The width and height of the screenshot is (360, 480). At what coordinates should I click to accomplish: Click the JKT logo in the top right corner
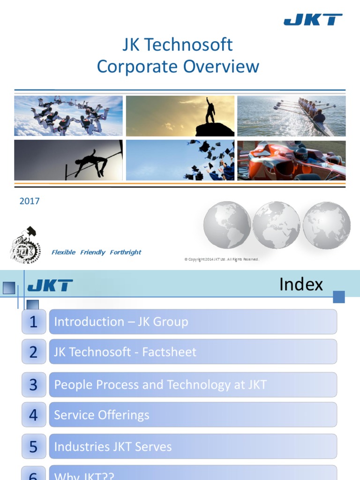coord(313,20)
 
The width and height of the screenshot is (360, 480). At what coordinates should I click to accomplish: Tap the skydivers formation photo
coord(68,116)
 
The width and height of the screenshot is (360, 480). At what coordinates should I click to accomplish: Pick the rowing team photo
coord(292,116)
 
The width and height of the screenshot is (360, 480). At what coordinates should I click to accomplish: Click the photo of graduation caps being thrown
coord(180,160)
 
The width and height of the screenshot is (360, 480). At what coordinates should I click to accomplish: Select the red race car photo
coord(292,160)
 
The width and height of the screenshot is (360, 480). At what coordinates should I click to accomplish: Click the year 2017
coord(30,201)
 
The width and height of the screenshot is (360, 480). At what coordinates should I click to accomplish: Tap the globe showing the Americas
coord(227,225)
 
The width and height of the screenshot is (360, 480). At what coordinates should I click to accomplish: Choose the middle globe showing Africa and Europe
coord(276,225)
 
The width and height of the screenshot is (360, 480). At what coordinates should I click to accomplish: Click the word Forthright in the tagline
coord(126,252)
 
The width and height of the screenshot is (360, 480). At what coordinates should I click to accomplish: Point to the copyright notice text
coord(222,259)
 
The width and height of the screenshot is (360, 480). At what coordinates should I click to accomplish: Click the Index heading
coord(301,285)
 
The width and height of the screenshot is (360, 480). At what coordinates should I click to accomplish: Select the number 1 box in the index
coord(34,322)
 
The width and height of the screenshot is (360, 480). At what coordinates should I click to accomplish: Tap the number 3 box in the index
coord(34,385)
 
